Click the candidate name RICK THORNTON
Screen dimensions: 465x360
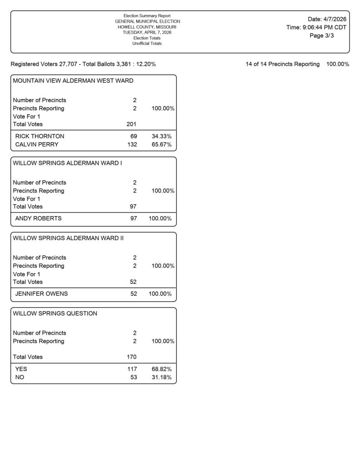tap(40, 136)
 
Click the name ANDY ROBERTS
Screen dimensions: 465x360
tap(38, 218)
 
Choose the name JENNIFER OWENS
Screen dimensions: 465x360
tap(41, 294)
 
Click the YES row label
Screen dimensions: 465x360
tap(21, 369)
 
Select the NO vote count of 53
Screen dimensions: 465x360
tap(133, 377)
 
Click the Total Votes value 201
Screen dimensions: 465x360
tap(131, 124)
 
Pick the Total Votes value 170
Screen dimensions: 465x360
tap(131, 357)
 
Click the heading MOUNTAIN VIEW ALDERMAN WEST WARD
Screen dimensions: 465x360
tap(73, 81)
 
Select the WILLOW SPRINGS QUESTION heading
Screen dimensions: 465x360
tap(55, 313)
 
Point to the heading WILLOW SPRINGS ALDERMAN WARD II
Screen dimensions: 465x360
tap(68, 238)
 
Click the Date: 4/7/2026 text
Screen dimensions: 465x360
tap(327, 19)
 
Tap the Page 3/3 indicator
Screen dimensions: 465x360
tap(321, 36)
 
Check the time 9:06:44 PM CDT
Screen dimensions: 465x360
tap(324, 27)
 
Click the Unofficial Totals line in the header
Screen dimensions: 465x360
tap(147, 44)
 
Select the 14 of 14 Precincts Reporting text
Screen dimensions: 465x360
tap(282, 64)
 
